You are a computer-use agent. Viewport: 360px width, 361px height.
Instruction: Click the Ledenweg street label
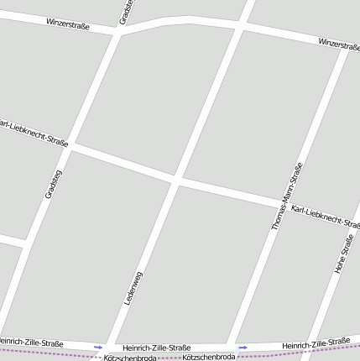tap(133, 288)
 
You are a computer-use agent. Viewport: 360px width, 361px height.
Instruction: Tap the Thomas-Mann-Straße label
tap(287, 196)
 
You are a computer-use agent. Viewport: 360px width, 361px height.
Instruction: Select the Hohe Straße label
tap(343, 254)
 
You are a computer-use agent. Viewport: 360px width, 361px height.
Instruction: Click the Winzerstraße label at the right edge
tap(339, 44)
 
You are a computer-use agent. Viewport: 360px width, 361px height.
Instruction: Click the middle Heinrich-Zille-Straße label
tap(156, 348)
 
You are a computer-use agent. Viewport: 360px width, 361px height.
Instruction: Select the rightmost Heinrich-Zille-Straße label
tap(316, 343)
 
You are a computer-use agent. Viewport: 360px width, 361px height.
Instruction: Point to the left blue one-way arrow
tap(99, 347)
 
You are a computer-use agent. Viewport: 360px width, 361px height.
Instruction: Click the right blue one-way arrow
tap(243, 347)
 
